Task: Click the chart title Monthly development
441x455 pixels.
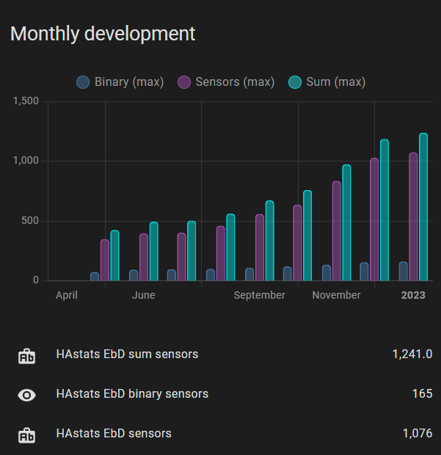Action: pos(103,34)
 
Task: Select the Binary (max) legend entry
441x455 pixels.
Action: pos(120,81)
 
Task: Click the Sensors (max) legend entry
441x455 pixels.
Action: pos(227,81)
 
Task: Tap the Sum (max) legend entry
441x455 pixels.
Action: pos(327,81)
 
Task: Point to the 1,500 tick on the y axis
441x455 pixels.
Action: pos(26,101)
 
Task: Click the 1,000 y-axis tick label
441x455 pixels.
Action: pos(26,161)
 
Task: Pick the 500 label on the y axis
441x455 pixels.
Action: pos(30,221)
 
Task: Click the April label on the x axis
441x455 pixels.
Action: pos(67,295)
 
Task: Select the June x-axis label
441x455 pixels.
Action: pos(143,295)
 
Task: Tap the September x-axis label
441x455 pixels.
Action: pos(259,295)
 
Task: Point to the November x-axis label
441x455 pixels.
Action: pos(336,295)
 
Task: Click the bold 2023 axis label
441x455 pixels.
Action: pos(412,295)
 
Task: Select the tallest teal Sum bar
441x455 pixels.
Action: pos(423,207)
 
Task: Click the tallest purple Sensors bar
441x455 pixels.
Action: pos(413,216)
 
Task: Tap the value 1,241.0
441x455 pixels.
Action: pos(412,354)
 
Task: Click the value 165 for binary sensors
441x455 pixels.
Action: pos(422,394)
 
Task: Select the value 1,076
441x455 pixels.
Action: pos(417,434)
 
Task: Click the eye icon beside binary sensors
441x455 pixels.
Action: pos(26,395)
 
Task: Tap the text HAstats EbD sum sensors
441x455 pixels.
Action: pos(127,354)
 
